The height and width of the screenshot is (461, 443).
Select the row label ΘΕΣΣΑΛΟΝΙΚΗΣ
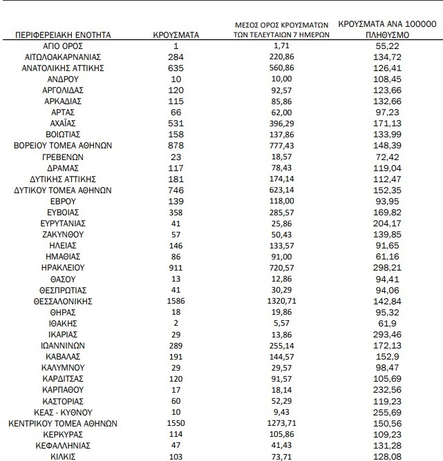pyautogui.click(x=63, y=301)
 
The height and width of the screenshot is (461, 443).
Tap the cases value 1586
pyautogui.click(x=176, y=301)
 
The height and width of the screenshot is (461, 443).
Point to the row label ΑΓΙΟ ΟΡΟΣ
pyautogui.click(x=63, y=45)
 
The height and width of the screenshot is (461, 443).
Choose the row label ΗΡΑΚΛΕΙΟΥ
pyautogui.click(x=63, y=267)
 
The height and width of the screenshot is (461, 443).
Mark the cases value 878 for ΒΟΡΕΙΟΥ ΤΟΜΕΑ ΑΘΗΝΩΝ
pyautogui.click(x=176, y=145)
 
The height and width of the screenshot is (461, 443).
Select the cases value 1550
pyautogui.click(x=176, y=423)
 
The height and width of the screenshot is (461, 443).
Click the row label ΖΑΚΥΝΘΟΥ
pyautogui.click(x=63, y=234)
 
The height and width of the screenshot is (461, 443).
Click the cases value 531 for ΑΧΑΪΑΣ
pyautogui.click(x=176, y=123)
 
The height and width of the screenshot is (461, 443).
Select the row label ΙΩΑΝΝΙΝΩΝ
pyautogui.click(x=63, y=345)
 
